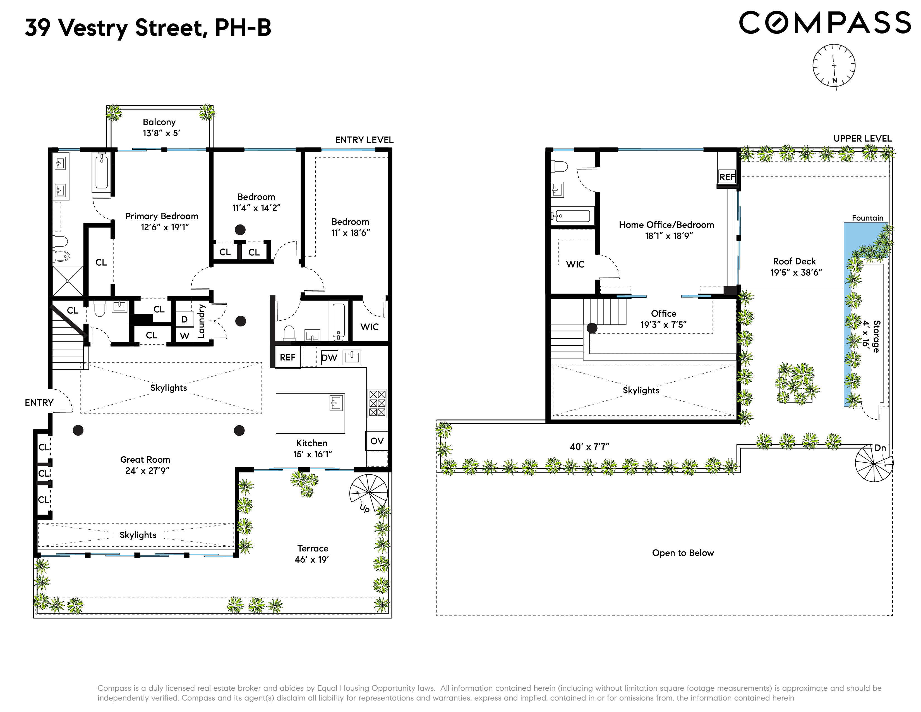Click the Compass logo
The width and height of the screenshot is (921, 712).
[x=824, y=23]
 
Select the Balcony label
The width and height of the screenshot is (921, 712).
[x=159, y=122]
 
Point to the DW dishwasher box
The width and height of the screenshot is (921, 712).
[x=329, y=358]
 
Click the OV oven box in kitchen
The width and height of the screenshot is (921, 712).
[x=376, y=441]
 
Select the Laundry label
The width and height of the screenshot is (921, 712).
[x=201, y=321]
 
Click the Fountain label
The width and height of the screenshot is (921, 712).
[x=867, y=218]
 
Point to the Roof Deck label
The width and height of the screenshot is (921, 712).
[x=794, y=261]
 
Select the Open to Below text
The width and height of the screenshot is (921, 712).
[x=683, y=553]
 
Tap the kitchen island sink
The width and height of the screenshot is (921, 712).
[x=336, y=403]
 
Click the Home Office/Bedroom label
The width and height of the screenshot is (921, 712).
[x=666, y=225]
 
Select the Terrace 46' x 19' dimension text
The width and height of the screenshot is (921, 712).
[x=312, y=559]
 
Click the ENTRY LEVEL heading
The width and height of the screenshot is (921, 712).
[x=364, y=140]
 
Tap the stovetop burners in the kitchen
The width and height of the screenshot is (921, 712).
[x=377, y=403]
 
